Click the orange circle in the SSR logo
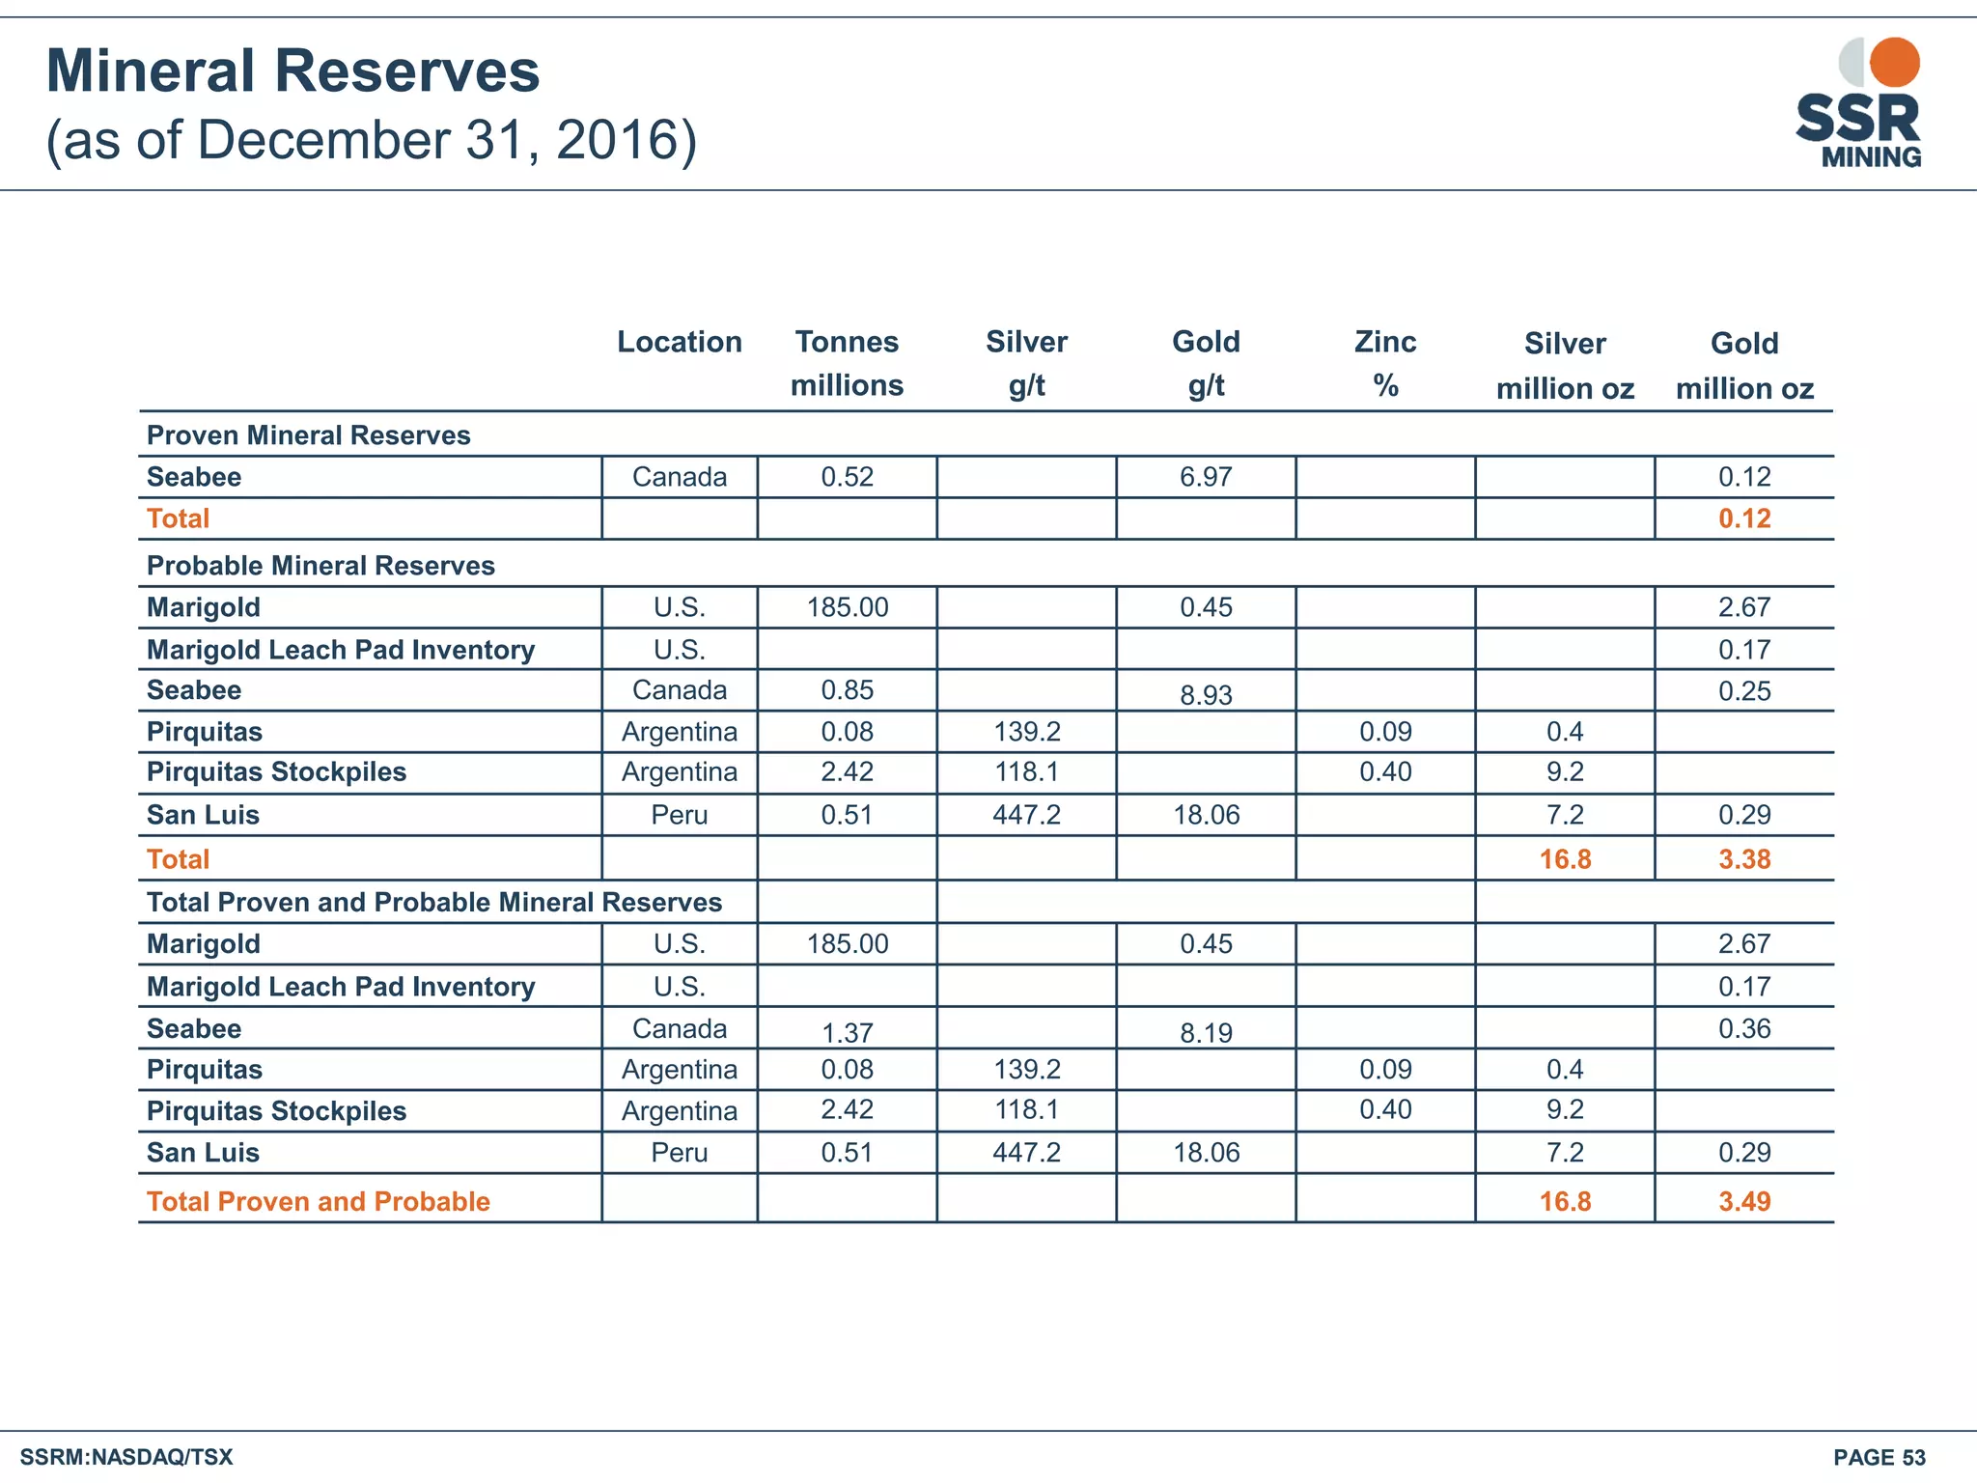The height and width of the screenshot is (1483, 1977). coord(1894,62)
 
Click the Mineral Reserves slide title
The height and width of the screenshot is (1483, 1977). coord(292,71)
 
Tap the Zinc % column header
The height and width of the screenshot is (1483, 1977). coord(1385,363)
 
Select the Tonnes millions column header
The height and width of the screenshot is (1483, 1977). coord(847,363)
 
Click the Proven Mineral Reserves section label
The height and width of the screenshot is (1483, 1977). coord(308,435)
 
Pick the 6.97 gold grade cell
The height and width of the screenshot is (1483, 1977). coord(1206,477)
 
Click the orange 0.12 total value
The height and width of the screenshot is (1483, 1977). coord(1743,518)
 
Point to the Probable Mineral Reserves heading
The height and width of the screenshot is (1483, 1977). coord(320,566)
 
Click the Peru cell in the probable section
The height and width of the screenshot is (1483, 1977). coord(679,815)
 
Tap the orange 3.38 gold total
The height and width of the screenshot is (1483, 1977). coord(1743,859)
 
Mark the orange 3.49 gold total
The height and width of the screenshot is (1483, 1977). coord(1743,1201)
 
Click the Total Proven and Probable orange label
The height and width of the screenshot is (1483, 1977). coord(318,1201)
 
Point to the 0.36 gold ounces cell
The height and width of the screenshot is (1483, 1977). coord(1743,1028)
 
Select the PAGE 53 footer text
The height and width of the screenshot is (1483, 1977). coord(1879,1457)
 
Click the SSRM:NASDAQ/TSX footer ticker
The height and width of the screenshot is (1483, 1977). coord(126,1457)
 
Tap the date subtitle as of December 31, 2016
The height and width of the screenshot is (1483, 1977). coord(372,140)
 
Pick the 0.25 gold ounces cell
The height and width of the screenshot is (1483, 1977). coord(1743,691)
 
